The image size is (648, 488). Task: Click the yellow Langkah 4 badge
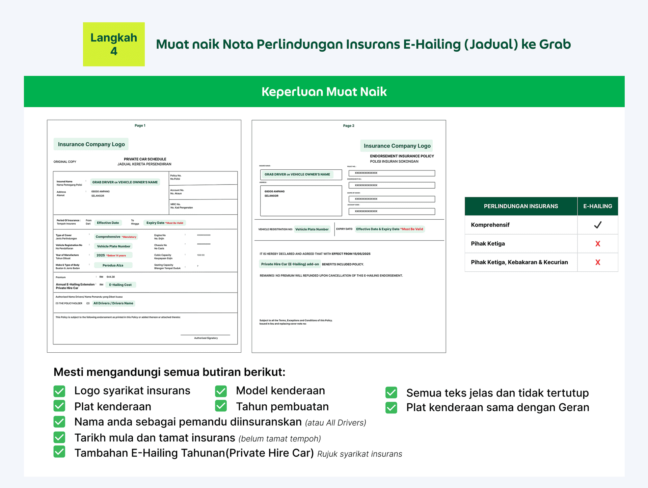[114, 44]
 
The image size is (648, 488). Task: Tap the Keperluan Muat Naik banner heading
[324, 92]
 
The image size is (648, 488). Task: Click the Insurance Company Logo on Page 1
[91, 144]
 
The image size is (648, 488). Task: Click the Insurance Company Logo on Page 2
[397, 146]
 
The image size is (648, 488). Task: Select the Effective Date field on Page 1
[108, 223]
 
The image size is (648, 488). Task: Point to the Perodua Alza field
[113, 265]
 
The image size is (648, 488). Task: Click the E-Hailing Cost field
[120, 285]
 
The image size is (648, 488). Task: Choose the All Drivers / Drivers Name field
[113, 303]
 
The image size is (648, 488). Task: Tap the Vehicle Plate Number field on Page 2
[312, 229]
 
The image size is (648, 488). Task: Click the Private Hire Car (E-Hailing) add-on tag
[290, 264]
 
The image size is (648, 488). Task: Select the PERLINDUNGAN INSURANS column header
[521, 206]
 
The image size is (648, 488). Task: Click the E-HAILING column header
[598, 206]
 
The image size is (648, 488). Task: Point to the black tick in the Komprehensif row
[598, 225]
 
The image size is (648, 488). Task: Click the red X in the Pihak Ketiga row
[598, 244]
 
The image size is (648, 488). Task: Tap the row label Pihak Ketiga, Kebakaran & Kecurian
[519, 262]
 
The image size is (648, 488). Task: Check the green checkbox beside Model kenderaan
[221, 391]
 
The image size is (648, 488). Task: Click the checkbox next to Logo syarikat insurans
[59, 391]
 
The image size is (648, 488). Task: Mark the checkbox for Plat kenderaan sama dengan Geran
[391, 408]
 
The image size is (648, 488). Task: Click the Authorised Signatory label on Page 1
[206, 338]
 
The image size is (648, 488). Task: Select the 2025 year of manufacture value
[101, 255]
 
